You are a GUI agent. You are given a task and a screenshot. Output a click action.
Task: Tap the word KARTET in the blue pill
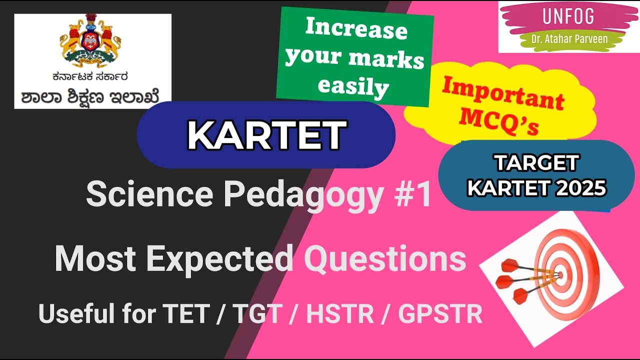point(266,135)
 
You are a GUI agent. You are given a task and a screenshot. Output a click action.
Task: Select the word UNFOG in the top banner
point(568,16)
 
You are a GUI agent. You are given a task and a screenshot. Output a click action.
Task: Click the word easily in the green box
point(353,86)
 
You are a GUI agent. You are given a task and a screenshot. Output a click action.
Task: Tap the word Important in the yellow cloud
point(502,93)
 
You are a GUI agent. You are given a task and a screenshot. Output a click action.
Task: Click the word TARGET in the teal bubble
point(536,163)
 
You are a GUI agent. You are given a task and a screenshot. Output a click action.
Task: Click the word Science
point(150,195)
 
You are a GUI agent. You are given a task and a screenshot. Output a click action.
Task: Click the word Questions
point(385,259)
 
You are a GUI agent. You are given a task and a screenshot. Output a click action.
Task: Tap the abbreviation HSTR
point(340,313)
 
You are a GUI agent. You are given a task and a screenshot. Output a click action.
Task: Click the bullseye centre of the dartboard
point(559,274)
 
